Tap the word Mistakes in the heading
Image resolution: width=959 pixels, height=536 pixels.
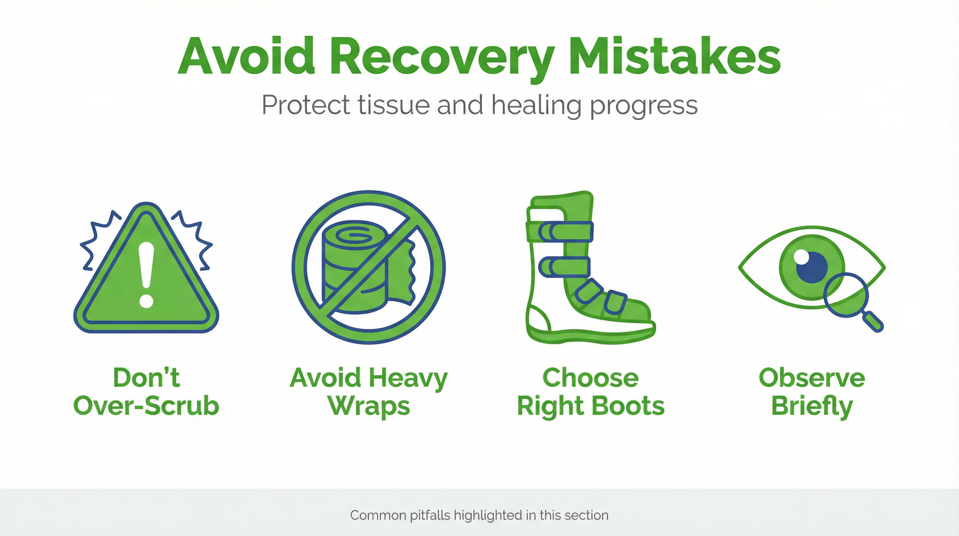pos(674,57)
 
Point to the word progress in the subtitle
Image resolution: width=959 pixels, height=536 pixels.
pos(644,106)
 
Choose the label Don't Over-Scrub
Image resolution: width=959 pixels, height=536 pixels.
pos(146,392)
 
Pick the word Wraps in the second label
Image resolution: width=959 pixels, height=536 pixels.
pos(369,406)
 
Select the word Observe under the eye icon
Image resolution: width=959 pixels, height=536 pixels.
pos(812,378)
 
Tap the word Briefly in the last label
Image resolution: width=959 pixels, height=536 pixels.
pos(812,406)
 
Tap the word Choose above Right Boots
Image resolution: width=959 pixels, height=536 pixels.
pos(590,378)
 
